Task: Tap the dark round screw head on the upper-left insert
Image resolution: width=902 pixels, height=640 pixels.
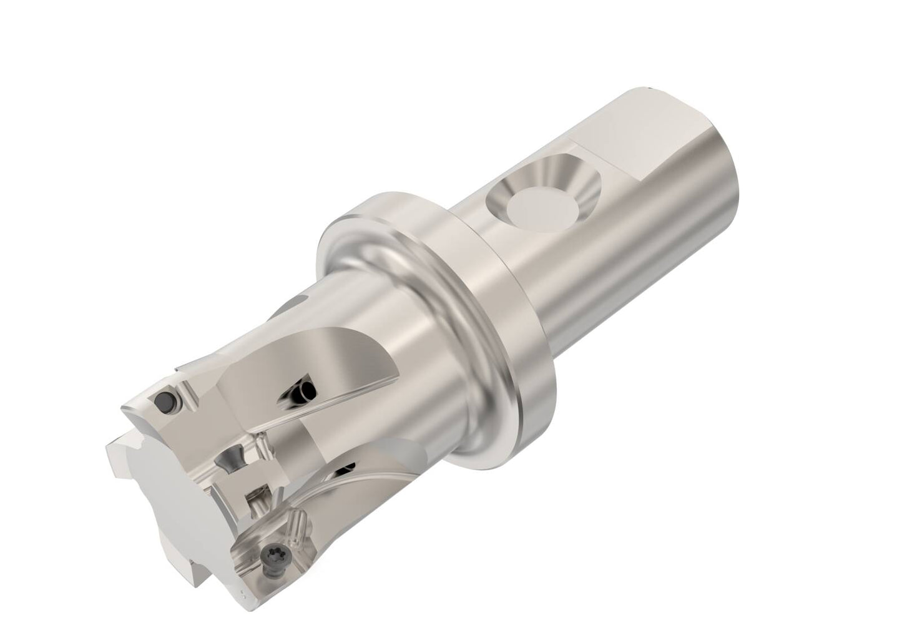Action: click(x=165, y=401)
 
